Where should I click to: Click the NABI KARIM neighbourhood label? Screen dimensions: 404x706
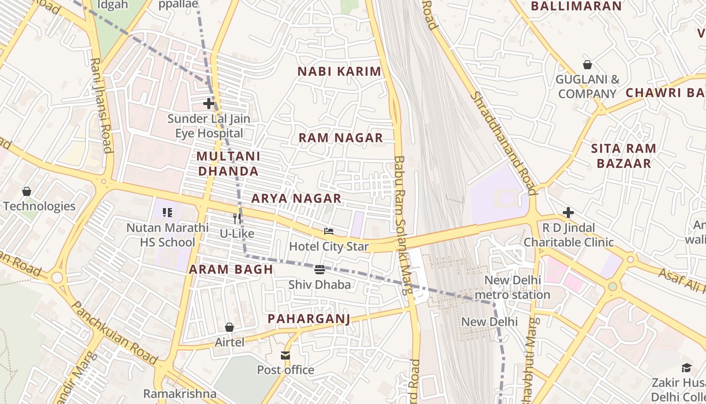(x=339, y=71)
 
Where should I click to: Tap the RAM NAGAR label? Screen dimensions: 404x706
(x=340, y=138)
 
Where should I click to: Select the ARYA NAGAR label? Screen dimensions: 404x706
(x=297, y=198)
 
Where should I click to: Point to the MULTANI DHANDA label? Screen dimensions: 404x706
(x=228, y=164)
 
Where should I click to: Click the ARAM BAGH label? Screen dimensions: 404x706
(x=231, y=270)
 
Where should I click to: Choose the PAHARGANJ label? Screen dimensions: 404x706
(x=309, y=319)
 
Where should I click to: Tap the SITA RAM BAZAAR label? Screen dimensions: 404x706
(x=623, y=156)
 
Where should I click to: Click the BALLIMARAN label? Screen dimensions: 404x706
(x=576, y=7)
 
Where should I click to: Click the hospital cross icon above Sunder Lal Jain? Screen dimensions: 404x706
(x=209, y=104)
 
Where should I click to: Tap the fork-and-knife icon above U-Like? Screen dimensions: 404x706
(x=237, y=218)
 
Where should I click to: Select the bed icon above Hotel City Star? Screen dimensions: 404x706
(x=329, y=231)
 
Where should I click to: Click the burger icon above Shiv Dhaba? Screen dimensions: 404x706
(x=319, y=269)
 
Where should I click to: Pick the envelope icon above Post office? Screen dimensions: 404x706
(x=286, y=355)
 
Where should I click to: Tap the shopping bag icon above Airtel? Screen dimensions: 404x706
(x=229, y=327)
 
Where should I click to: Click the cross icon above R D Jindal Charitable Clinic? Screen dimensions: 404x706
(x=568, y=212)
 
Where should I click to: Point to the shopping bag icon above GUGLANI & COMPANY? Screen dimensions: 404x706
(x=587, y=65)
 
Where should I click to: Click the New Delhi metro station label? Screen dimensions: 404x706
(x=512, y=287)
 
